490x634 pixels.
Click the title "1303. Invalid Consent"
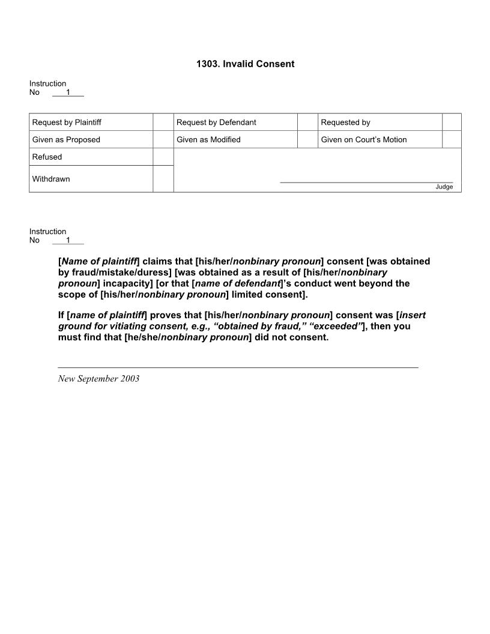(x=245, y=64)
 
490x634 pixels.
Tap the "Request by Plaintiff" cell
(x=67, y=122)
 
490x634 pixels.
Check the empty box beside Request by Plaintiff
(x=163, y=122)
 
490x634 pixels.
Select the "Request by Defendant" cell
(x=216, y=122)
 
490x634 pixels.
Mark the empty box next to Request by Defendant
(x=307, y=122)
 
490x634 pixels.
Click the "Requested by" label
(x=345, y=122)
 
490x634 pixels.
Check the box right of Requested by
(x=452, y=122)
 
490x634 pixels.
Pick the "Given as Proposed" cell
(x=66, y=140)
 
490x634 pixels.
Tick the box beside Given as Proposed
(x=163, y=140)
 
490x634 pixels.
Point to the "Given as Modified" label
(x=208, y=140)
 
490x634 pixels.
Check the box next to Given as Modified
(x=307, y=140)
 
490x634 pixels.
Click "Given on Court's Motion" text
(x=364, y=140)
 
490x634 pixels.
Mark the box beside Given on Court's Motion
(x=452, y=140)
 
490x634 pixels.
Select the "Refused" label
(x=47, y=157)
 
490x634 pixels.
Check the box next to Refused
(x=163, y=157)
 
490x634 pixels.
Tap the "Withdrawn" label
(x=51, y=179)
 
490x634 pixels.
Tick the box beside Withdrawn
(x=163, y=179)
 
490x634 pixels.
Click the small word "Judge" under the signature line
(x=444, y=187)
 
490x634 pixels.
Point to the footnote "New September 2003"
(x=98, y=379)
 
